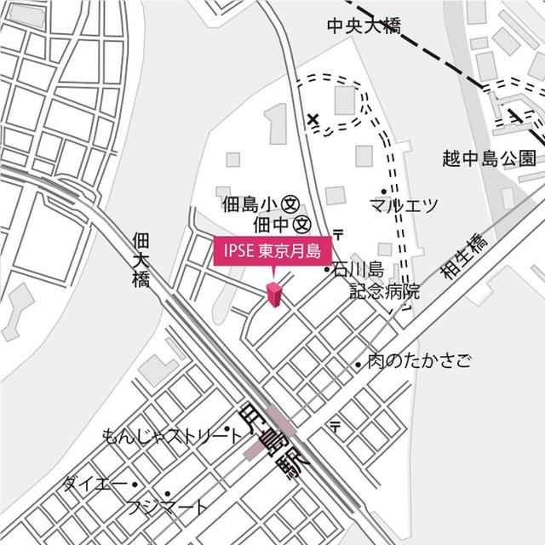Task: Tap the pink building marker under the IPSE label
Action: pos(274,295)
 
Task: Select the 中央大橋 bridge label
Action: pos(363,26)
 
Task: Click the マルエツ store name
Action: pos(404,205)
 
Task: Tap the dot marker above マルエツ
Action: pos(384,190)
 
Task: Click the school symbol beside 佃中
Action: pos(301,225)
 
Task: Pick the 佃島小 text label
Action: pos(245,204)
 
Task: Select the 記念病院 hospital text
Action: pos(384,290)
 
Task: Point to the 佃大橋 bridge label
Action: pos(141,259)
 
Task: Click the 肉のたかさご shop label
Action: pos(419,362)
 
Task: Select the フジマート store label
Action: pos(167,508)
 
